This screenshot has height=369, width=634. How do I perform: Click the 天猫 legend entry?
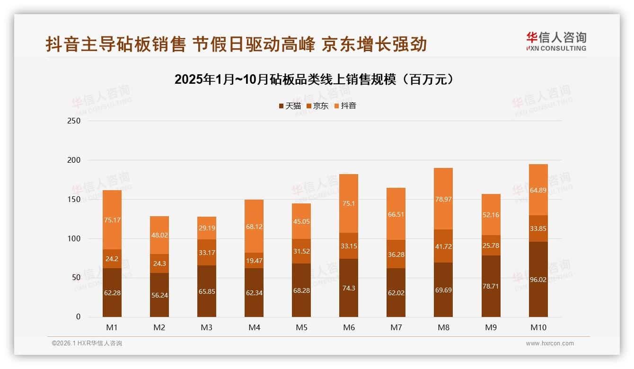tap(290, 106)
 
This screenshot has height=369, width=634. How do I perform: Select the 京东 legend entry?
tap(317, 106)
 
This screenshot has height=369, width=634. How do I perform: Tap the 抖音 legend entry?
tap(345, 106)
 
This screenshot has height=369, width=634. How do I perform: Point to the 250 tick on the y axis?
tap(74, 121)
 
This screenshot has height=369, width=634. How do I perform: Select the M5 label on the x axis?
tap(301, 327)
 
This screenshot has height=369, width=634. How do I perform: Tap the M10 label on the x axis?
tap(538, 327)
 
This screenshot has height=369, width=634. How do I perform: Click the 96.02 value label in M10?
tap(538, 280)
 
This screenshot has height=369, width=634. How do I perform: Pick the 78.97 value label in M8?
tap(443, 199)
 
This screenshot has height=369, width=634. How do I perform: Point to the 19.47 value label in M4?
tap(254, 260)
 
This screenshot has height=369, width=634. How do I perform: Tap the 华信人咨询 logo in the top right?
tap(556, 42)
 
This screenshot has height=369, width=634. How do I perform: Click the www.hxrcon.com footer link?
tap(550, 343)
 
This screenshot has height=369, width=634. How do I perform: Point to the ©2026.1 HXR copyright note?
tap(87, 343)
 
